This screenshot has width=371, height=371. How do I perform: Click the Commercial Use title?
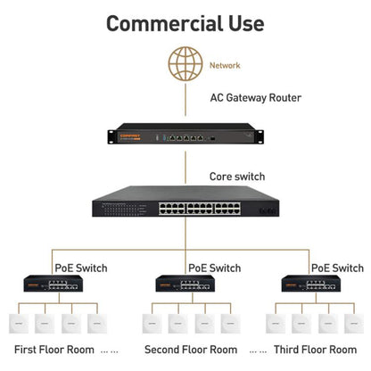185,23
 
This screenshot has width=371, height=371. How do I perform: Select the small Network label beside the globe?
225,65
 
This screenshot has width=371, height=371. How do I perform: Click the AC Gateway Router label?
255,98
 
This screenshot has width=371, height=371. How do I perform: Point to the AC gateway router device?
185,137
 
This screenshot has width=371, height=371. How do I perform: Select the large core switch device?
185,206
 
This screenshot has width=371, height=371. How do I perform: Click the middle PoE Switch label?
214,268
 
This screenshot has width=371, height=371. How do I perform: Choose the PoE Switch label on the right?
337,268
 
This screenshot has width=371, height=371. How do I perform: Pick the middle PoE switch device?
185,284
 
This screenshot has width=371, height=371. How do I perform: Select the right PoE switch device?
310,284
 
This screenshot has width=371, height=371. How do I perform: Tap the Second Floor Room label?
191,350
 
